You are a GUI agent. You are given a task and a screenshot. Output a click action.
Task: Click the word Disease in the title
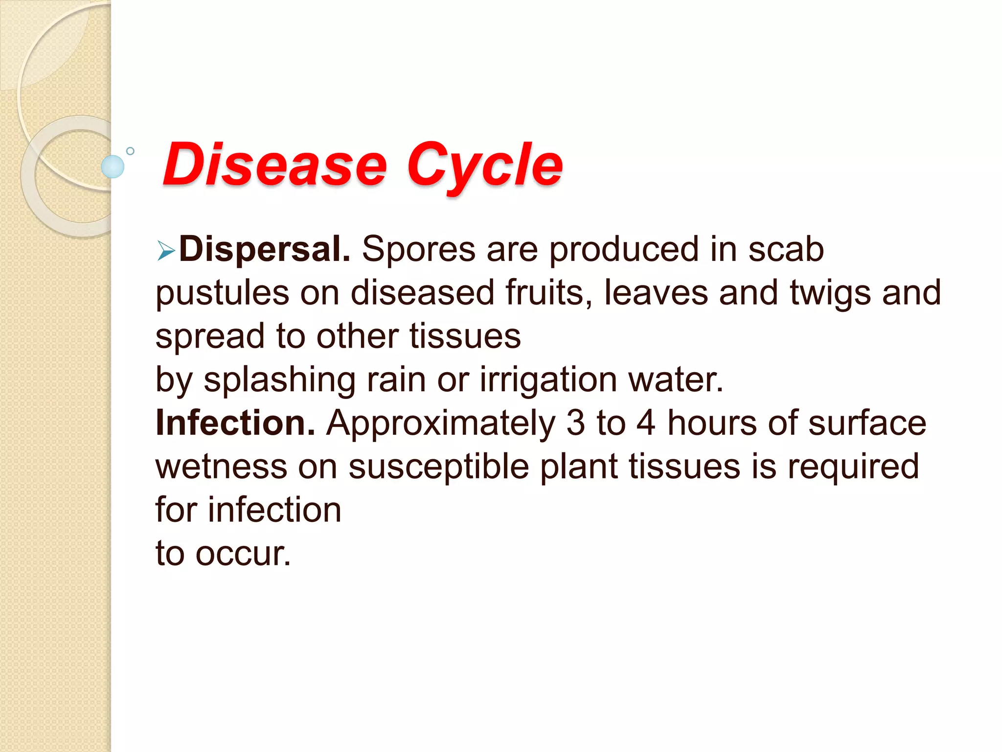274,164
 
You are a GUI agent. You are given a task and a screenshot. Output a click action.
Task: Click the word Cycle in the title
484,164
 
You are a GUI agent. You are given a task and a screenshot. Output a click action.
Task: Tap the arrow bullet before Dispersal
166,252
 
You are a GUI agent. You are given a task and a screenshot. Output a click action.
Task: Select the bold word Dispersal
265,250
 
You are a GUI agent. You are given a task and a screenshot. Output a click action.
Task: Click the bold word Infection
235,423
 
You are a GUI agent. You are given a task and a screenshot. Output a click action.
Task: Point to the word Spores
418,250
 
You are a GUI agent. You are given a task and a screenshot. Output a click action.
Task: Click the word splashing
279,380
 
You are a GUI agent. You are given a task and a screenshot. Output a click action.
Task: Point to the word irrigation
548,380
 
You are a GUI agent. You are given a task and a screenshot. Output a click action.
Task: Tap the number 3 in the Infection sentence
575,423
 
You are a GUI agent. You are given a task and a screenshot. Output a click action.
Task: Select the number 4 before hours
646,423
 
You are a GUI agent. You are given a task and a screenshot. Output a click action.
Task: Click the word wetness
221,467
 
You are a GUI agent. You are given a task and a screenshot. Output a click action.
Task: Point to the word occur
243,554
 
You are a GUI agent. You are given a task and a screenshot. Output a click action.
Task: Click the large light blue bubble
113,166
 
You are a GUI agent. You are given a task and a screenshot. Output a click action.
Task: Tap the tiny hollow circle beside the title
130,151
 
